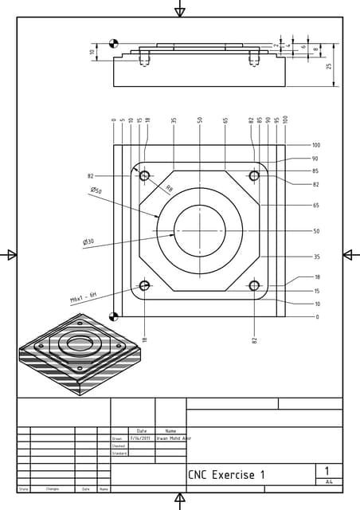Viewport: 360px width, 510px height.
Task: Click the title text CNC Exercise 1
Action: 226,475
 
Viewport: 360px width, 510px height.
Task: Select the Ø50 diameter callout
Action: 96,190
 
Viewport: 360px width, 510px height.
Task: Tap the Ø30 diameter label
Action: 88,241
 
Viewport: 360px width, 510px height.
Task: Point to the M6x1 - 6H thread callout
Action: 83,297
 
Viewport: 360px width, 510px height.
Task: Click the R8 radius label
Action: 169,189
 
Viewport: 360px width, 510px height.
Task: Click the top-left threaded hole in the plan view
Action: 144,175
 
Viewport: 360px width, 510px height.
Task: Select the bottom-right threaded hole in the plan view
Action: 254,285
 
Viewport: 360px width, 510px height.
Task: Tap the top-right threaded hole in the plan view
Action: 254,175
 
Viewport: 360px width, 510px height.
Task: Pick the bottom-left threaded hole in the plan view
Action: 144,285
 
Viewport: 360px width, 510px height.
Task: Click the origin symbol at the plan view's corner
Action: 114,316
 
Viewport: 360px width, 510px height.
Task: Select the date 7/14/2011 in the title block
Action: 140,437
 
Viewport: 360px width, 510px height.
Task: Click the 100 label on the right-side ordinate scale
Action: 316,146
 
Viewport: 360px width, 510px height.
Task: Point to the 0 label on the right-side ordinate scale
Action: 317,316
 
